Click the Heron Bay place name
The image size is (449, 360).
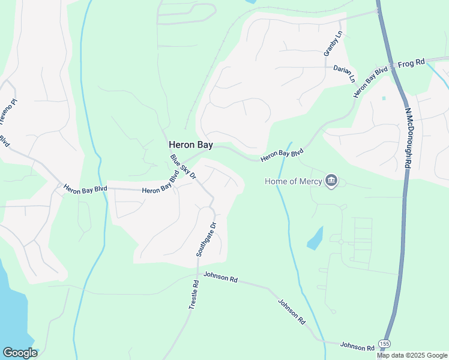pos(190,145)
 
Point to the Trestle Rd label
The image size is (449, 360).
pos(193,294)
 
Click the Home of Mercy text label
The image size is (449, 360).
pos(293,181)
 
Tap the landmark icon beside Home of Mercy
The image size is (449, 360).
pos(331,181)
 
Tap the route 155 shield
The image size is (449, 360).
pos(385,343)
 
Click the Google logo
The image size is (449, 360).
pos(20,353)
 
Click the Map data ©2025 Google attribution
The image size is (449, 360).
pos(412,355)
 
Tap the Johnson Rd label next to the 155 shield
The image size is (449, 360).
pos(357,346)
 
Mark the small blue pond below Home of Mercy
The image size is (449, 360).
pos(315,239)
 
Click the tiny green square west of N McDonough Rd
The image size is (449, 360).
pos(383,98)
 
